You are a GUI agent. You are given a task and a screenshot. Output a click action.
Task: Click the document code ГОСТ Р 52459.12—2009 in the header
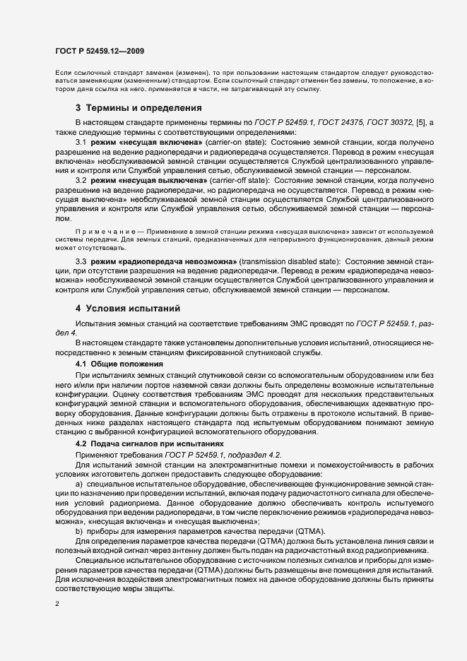click(100, 51)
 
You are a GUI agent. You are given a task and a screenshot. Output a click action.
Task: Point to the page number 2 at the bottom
click(57, 604)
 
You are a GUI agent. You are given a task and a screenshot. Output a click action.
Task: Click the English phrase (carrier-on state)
click(224, 143)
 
